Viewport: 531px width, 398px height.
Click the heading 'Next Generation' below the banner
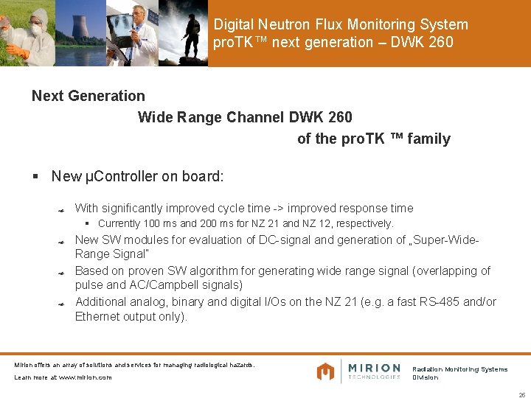coord(88,96)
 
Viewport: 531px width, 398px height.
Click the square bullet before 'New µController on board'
coord(35,177)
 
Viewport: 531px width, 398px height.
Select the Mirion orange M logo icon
coord(325,371)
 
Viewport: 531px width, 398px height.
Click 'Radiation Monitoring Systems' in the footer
coord(459,369)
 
